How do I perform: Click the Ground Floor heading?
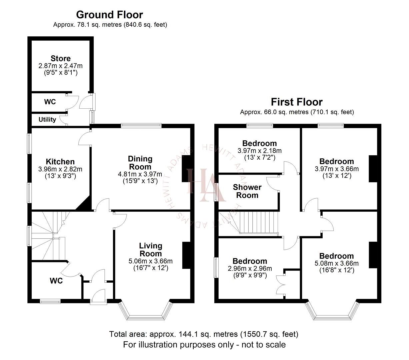(109, 15)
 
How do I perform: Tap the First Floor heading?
(296, 102)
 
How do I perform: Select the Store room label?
(60, 59)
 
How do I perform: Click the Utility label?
(47, 119)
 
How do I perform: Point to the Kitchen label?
(60, 162)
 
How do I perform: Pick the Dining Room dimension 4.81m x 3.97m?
(140, 174)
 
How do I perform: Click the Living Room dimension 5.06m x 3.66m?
(150, 261)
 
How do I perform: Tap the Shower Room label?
(247, 191)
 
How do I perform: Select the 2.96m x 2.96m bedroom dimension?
(250, 269)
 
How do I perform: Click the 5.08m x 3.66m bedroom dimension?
(336, 263)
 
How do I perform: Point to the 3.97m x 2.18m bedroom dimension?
(259, 151)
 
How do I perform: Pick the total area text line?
(204, 334)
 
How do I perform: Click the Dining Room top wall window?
(141, 126)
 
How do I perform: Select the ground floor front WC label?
(56, 281)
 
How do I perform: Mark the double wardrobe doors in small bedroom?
(281, 284)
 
